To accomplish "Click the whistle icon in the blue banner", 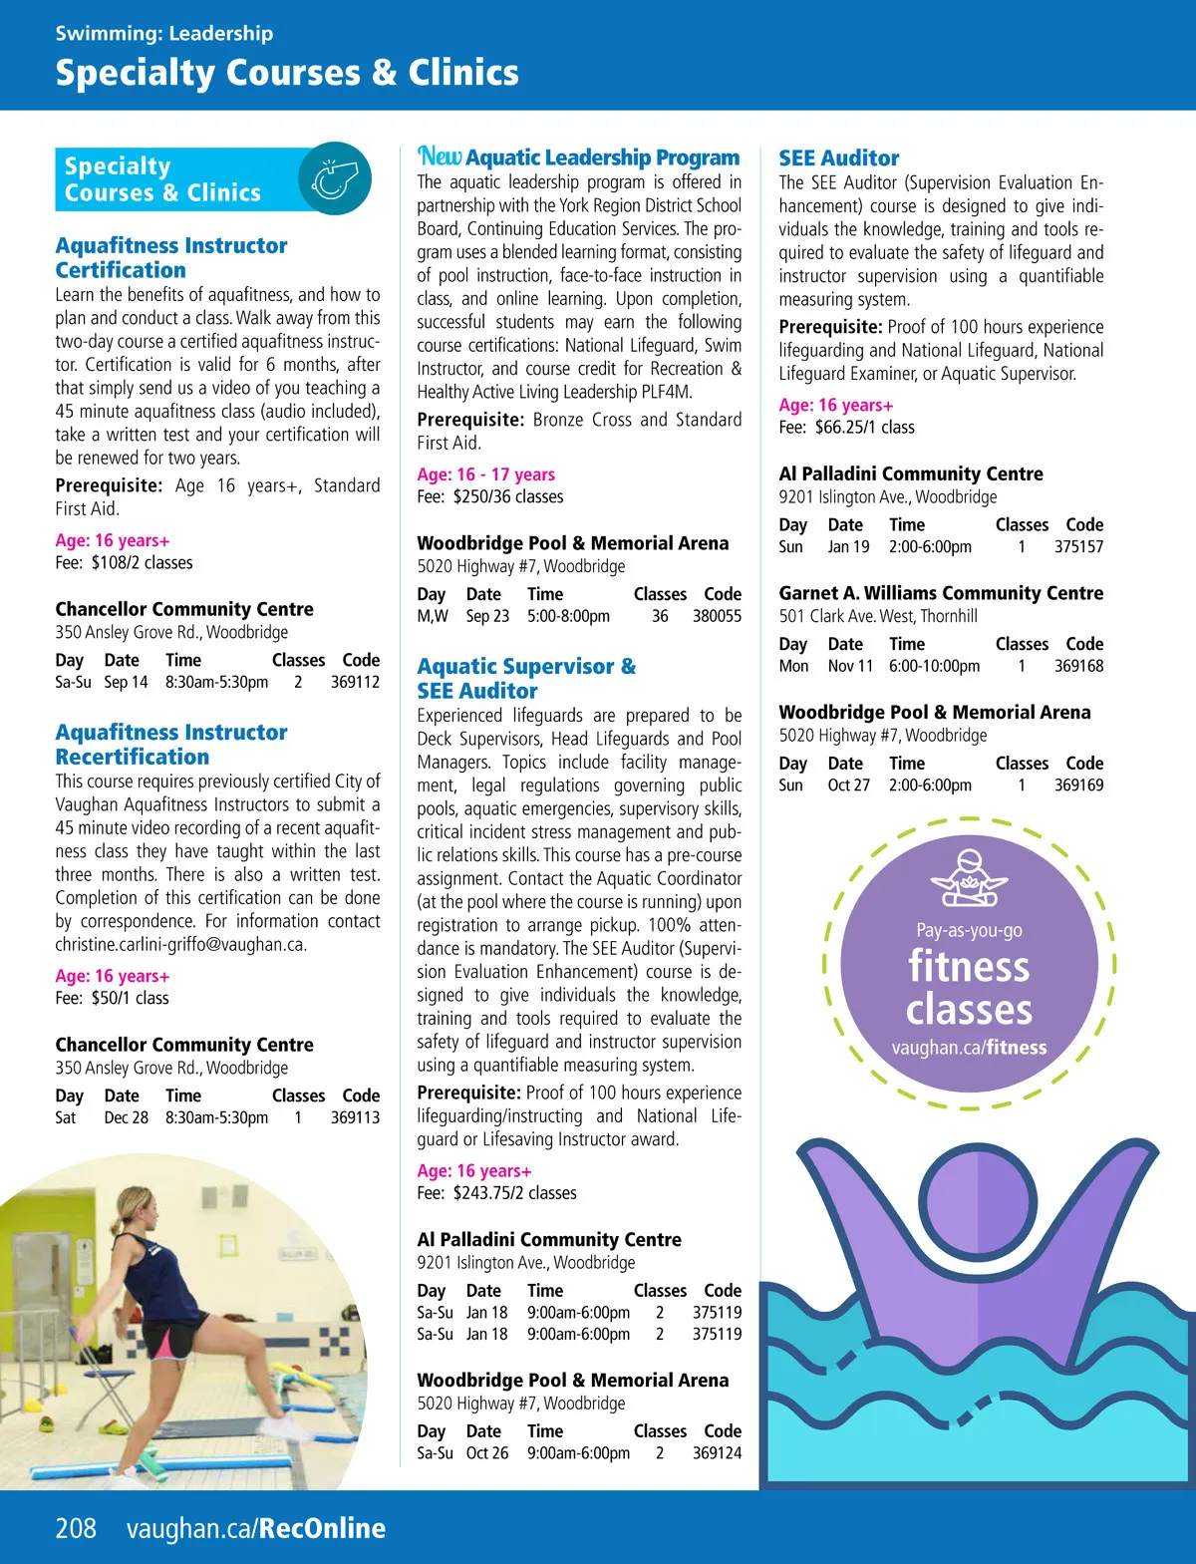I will coord(335,179).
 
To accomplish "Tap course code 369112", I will coord(355,682).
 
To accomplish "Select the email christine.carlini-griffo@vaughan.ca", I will coord(180,944).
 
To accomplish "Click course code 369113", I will coord(355,1117).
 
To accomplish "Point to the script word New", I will coord(440,156).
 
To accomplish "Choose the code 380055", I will coord(717,616).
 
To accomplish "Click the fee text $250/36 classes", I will coord(508,496).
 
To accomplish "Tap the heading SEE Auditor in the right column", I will coord(838,157).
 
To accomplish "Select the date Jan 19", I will coord(848,546).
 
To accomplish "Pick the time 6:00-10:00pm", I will coord(934,666).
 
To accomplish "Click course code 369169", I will coord(1078,784).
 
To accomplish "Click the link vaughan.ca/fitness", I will coord(969,1048).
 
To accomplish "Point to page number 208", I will coord(76,1528).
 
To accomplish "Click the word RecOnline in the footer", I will coord(322,1528).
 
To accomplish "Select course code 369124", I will coord(717,1452).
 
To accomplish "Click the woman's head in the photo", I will coord(139,1206).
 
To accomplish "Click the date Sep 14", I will coord(126,682).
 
